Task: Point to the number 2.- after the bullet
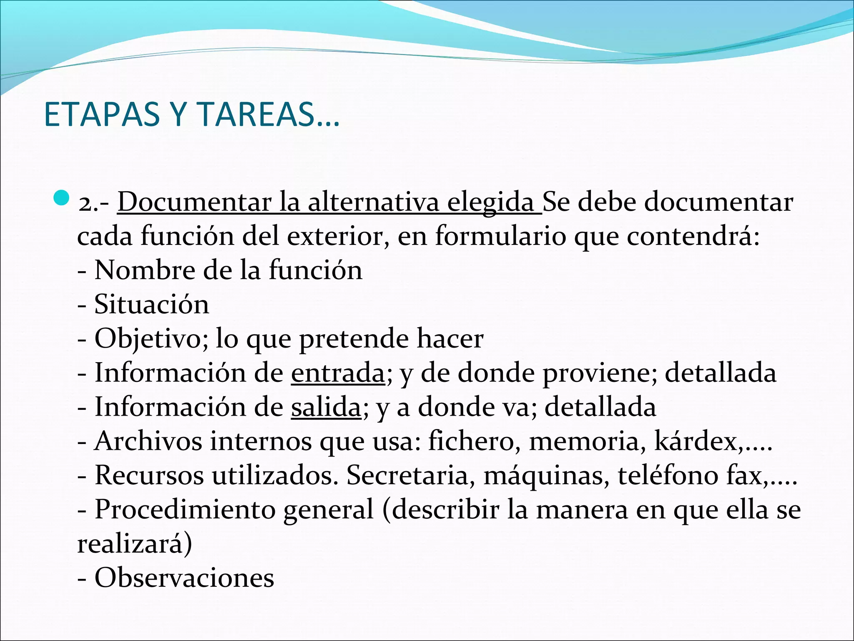click(94, 204)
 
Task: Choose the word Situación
click(151, 304)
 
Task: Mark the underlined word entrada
click(338, 373)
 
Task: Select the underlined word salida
click(326, 407)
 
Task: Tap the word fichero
click(471, 441)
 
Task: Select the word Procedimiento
click(185, 510)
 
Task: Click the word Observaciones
click(184, 578)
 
